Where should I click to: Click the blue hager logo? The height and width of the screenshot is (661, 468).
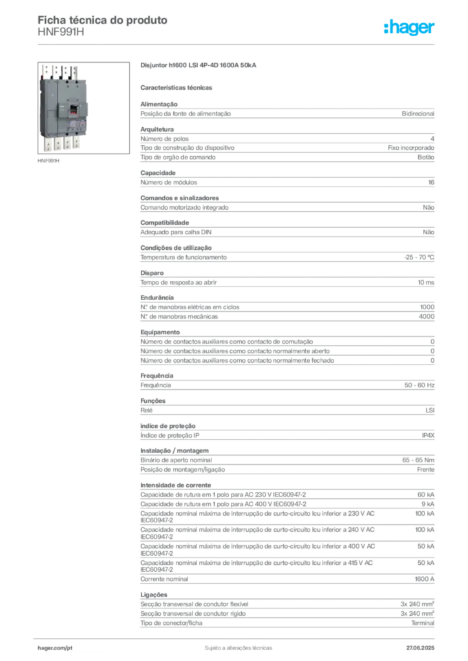[410, 28]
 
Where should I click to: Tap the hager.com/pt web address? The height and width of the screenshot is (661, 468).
[54, 647]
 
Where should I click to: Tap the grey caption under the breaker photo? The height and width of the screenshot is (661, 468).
[49, 161]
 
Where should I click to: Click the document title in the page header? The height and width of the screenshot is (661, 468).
[103, 20]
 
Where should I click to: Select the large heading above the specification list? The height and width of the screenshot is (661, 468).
[199, 66]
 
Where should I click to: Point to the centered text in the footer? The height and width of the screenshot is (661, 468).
[236, 646]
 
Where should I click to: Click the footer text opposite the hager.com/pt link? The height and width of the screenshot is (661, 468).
[421, 646]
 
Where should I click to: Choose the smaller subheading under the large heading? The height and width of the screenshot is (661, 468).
[178, 86]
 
